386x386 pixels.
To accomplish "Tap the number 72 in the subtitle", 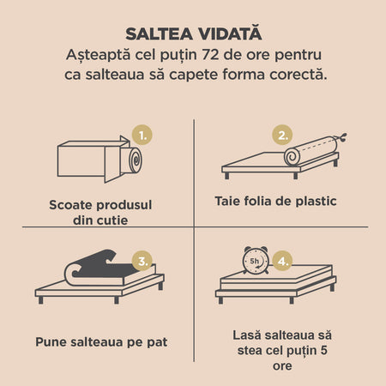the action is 210,55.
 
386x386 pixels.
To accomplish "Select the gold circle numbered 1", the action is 142,135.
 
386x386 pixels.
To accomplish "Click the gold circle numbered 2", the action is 282,135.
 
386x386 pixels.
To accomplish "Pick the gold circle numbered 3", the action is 142,261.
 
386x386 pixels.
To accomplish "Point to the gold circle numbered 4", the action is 282,261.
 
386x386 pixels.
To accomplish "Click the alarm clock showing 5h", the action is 256,260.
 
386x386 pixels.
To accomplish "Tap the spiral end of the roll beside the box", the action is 136,160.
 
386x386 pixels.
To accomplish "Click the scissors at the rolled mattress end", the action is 342,137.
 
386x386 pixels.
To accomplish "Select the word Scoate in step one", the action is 71,205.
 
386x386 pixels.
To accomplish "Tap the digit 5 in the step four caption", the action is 323,350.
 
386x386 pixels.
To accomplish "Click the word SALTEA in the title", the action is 159,33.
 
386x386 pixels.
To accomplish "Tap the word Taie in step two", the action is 227,201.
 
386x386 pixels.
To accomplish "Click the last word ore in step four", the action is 282,365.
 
